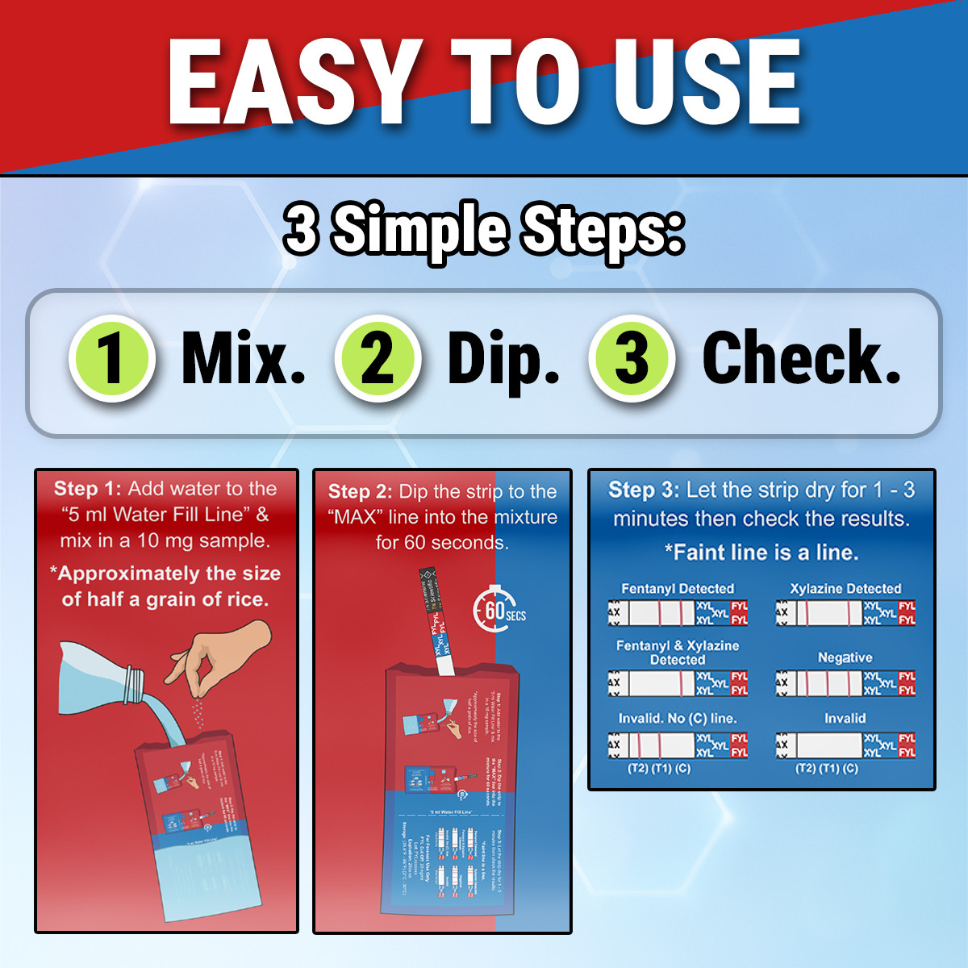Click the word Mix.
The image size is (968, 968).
point(243,358)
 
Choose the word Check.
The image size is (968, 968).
point(801,358)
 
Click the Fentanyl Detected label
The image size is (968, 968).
point(678,589)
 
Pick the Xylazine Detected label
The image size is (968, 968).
point(845,589)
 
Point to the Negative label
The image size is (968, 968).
point(845,657)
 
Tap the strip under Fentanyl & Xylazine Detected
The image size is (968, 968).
point(678,683)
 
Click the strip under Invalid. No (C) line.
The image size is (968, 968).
point(678,744)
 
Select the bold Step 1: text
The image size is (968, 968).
point(87,489)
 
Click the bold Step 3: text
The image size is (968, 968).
point(643,490)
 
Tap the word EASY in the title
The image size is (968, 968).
point(294,82)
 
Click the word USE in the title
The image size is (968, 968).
point(706,82)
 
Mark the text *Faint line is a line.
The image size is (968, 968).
point(761,553)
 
